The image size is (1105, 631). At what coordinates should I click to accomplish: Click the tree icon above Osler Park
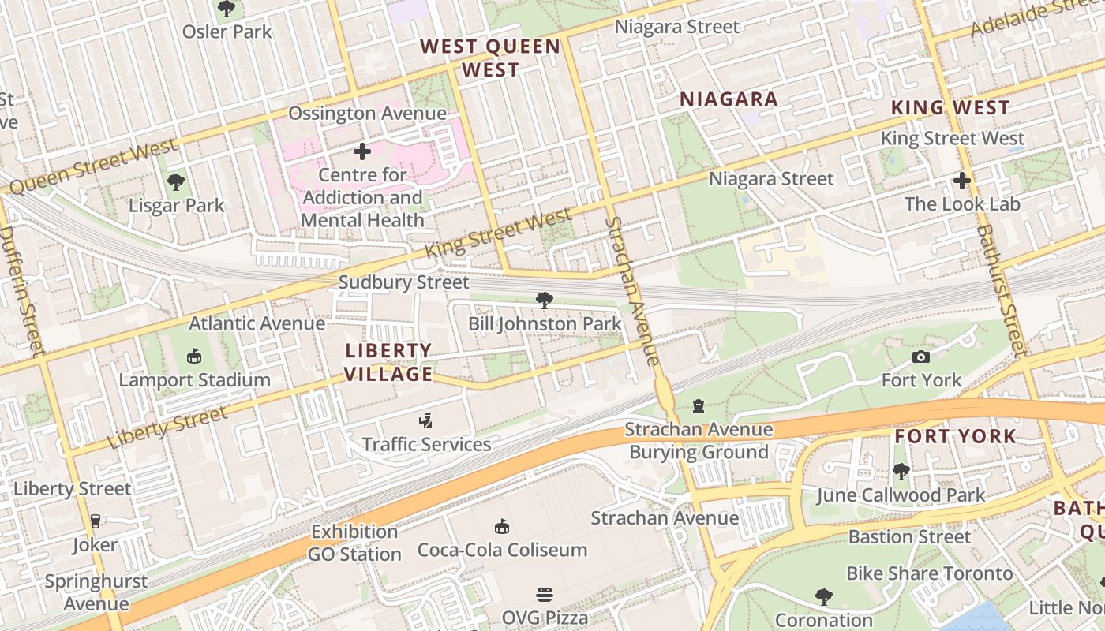[x=227, y=9]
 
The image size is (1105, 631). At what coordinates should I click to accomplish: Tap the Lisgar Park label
[x=177, y=206]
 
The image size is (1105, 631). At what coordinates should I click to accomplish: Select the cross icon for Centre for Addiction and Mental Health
[x=362, y=151]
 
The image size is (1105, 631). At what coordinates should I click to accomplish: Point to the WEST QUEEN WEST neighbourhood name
[x=490, y=58]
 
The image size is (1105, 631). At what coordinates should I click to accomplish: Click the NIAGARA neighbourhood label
[x=729, y=99]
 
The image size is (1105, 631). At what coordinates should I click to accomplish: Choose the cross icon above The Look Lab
[x=961, y=181]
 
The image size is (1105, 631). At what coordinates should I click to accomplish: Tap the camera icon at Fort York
[x=920, y=357]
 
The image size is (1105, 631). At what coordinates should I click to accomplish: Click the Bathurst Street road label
[x=999, y=289]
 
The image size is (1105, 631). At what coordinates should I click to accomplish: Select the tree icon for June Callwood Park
[x=901, y=472]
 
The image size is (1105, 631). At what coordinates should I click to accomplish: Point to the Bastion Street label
[x=909, y=537]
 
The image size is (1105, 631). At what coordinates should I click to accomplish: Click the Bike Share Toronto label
[x=929, y=573]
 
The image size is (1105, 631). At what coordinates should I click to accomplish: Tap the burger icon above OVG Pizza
[x=545, y=594]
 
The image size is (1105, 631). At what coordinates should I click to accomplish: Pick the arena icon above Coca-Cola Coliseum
[x=501, y=526]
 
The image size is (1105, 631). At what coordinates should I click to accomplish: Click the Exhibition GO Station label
[x=354, y=543]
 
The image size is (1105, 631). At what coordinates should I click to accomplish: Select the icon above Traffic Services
[x=426, y=421]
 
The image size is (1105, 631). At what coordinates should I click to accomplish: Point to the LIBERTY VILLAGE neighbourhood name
[x=389, y=362]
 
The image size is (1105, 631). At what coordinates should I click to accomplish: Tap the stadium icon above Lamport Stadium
[x=194, y=357]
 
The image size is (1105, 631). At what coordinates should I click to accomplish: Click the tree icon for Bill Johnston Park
[x=544, y=300]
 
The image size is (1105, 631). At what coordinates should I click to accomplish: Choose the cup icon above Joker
[x=95, y=521]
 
